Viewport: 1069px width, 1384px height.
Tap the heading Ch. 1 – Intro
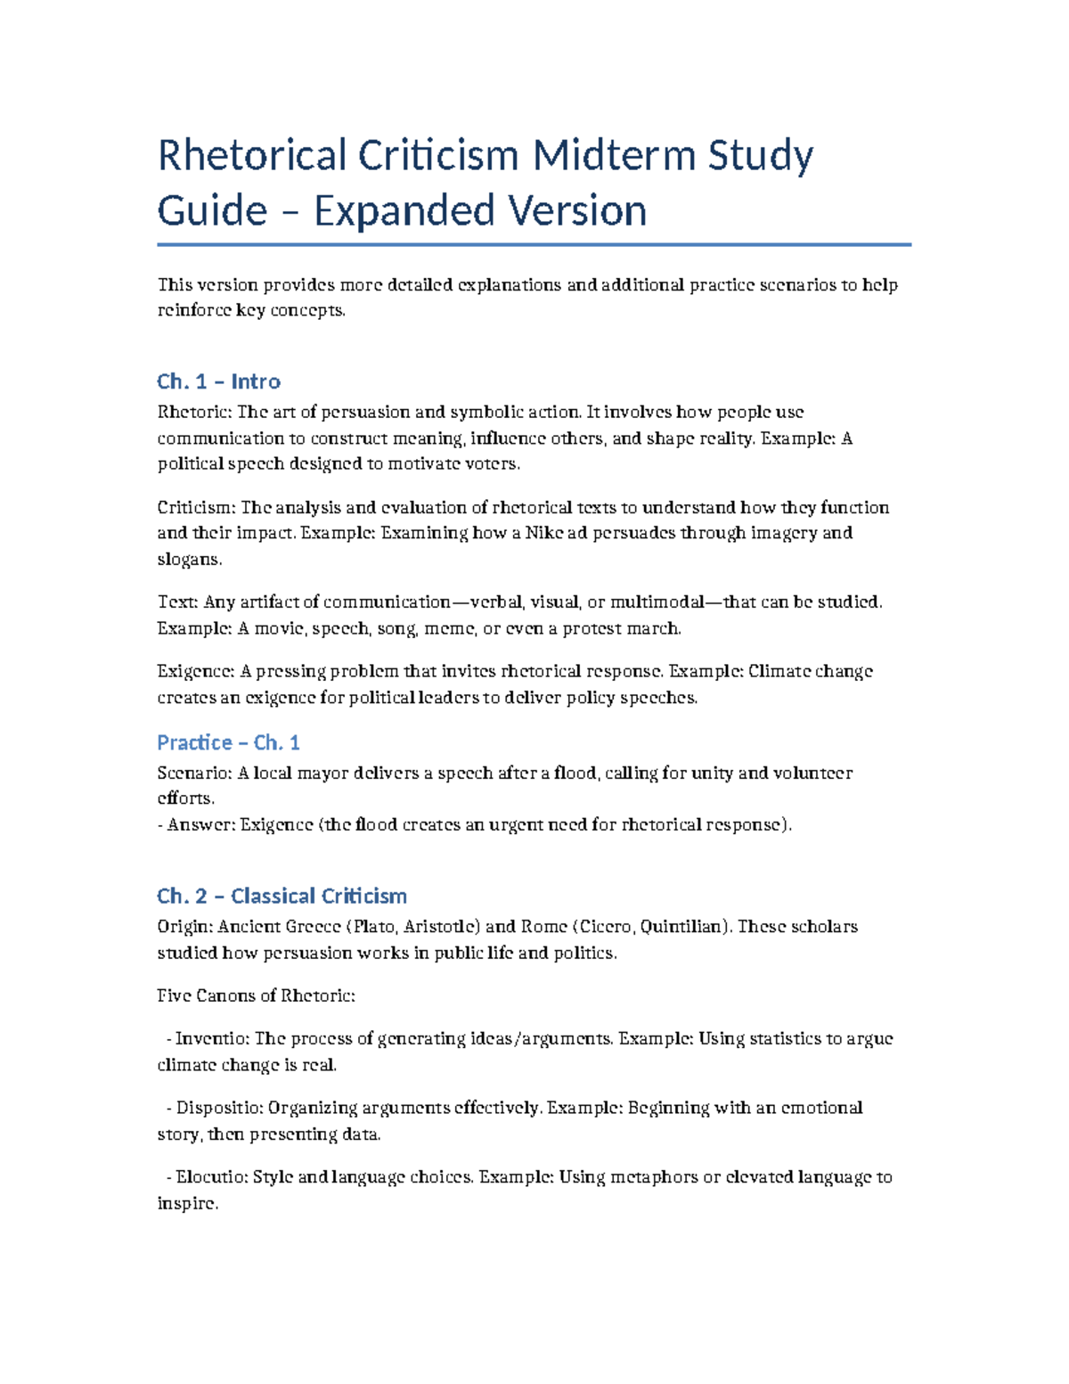tap(218, 381)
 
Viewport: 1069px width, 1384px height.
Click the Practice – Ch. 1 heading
tap(228, 742)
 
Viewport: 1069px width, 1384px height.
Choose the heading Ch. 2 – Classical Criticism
tap(282, 896)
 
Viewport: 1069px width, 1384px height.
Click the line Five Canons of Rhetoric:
tap(256, 996)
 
